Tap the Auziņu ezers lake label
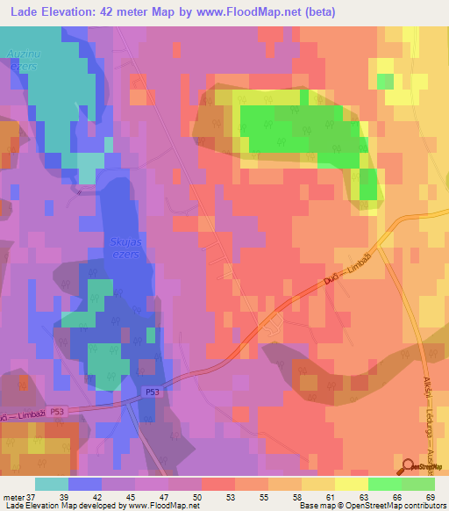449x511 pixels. pyautogui.click(x=21, y=58)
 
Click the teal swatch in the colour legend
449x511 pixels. pyautogui.click(x=52, y=484)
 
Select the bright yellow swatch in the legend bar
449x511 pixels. pyautogui.click(x=352, y=484)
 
